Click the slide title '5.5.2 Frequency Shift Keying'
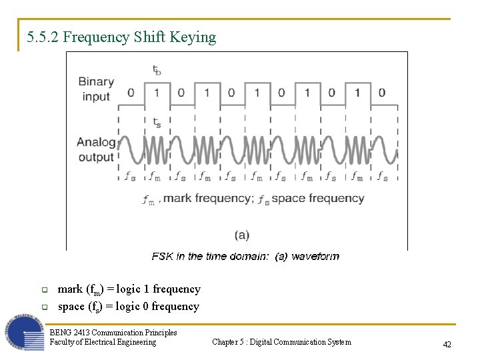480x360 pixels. click(122, 37)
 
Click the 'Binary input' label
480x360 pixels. click(96, 89)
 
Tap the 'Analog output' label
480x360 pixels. click(96, 149)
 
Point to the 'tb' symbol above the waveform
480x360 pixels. click(156, 69)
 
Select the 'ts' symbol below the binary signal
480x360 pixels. click(156, 123)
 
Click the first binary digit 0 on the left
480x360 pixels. click(131, 92)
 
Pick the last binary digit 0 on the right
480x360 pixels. click(382, 92)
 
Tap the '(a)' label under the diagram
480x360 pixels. click(242, 235)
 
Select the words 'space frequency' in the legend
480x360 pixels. click(317, 198)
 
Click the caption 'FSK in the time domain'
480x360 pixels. click(209, 256)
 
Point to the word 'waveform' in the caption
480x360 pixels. click(315, 256)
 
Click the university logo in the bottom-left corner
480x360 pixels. click(25, 331)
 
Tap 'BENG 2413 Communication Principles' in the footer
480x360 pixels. click(113, 332)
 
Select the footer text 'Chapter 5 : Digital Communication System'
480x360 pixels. click(281, 342)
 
